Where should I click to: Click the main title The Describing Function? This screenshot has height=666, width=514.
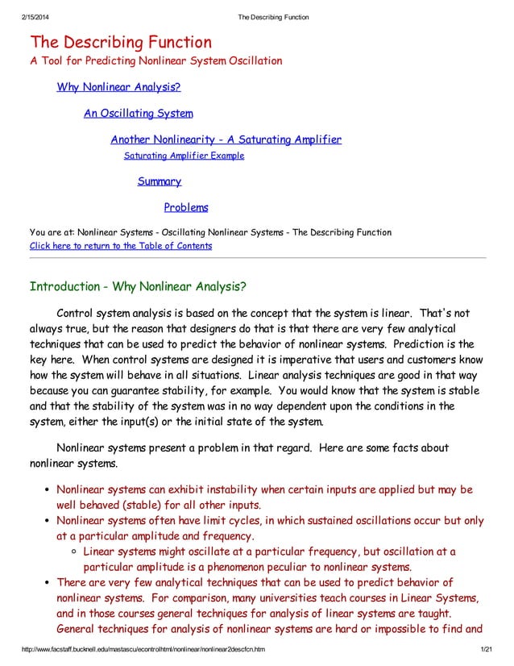coord(121,42)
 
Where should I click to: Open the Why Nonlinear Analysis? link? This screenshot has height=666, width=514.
coord(118,87)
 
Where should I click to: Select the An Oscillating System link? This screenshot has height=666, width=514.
coord(138,114)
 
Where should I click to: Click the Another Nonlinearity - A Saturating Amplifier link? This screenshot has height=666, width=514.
coord(226,139)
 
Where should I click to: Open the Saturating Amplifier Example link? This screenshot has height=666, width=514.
coord(184,156)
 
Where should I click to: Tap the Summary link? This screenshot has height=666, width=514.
coord(159,181)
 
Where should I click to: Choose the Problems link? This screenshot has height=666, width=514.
coord(186,207)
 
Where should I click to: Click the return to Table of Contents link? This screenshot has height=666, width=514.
coord(121,246)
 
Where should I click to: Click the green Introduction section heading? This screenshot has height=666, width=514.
coord(138,287)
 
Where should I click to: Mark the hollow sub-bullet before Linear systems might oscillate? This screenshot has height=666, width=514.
coord(75,552)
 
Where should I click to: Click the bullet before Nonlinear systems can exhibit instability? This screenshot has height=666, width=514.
coord(48,490)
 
